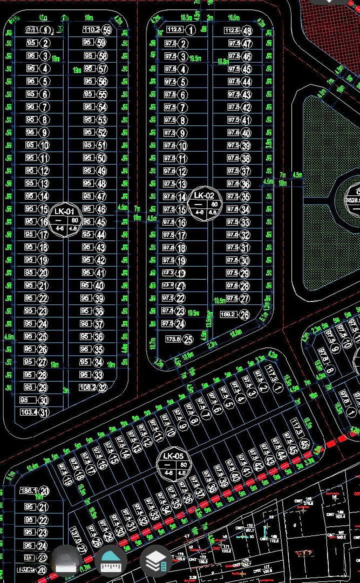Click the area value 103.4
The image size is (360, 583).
click(28, 412)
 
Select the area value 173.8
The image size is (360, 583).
click(172, 340)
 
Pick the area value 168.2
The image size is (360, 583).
click(228, 315)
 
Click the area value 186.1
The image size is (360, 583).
click(27, 491)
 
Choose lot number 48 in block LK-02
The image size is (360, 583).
click(247, 31)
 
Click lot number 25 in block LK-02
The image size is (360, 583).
click(188, 340)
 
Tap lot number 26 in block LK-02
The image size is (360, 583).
click(245, 315)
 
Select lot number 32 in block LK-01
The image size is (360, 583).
click(102, 387)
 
